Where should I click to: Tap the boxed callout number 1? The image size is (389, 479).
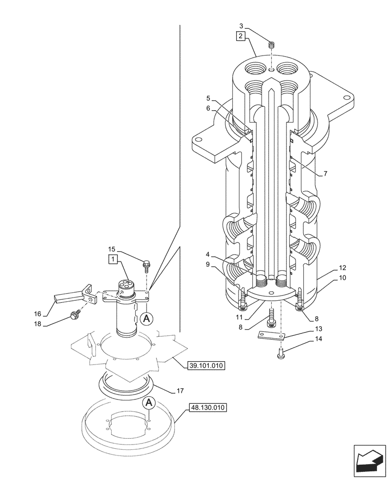(113, 259)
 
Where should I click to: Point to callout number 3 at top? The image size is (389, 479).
(241, 26)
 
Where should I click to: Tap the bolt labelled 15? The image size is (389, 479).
(146, 263)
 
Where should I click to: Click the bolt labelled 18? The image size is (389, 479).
(74, 315)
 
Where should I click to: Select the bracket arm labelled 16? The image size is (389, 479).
(67, 298)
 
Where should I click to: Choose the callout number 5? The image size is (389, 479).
(208, 99)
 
